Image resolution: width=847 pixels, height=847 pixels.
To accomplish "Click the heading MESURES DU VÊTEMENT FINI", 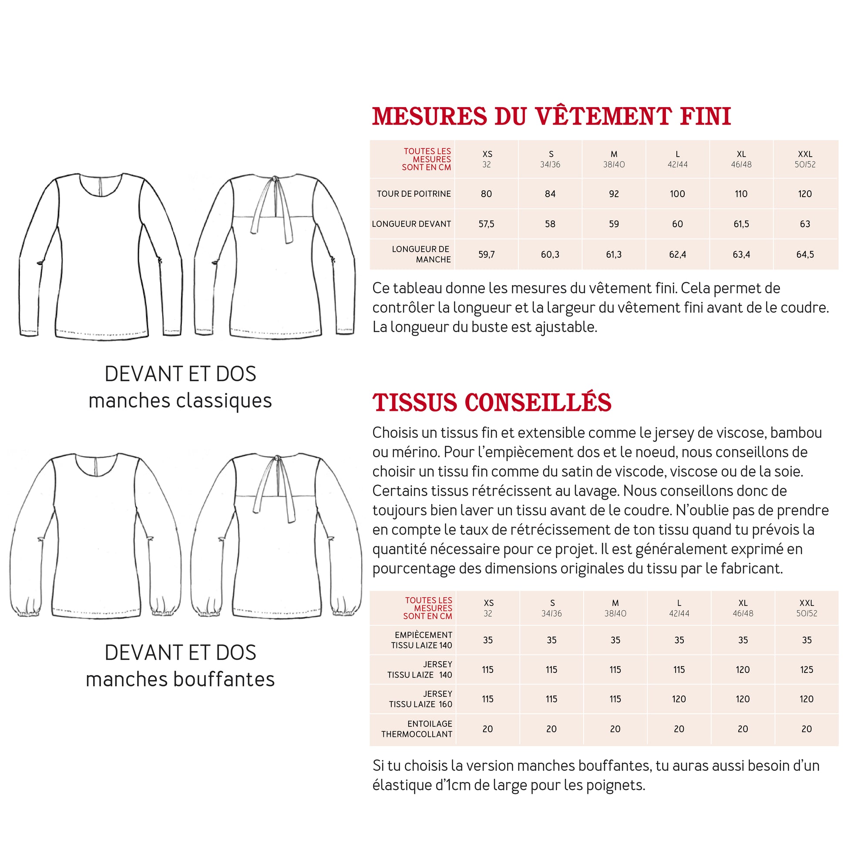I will tap(551, 117).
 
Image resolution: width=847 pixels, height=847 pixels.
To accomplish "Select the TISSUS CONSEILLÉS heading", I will tap(491, 403).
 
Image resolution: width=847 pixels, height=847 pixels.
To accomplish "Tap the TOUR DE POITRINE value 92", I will tap(614, 194).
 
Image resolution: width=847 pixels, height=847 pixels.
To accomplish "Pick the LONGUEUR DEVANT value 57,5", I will tap(486, 224).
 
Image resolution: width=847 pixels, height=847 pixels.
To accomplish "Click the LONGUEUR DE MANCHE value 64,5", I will tap(805, 254).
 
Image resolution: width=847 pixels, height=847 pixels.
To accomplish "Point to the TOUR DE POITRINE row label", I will tap(413, 194).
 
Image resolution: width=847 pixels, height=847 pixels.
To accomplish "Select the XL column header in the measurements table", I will tap(741, 159).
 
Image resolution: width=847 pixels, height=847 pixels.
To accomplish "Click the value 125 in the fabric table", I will tap(806, 669).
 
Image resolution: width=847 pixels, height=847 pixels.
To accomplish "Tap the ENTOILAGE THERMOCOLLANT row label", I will tap(416, 729).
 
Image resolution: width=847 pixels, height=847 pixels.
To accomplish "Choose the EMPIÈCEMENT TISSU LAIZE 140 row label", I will tap(421, 640).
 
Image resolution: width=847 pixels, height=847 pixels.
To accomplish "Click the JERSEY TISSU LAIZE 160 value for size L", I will tap(679, 699).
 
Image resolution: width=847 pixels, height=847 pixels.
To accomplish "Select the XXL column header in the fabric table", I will tap(806, 608).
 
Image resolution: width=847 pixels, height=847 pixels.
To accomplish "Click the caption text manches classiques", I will tap(180, 401).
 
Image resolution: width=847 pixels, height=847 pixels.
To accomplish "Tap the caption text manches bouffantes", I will tap(180, 679).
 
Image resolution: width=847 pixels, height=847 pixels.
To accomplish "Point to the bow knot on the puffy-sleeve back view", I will tap(277, 459).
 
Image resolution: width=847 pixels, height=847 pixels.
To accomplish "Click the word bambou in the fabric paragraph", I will tap(796, 433).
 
